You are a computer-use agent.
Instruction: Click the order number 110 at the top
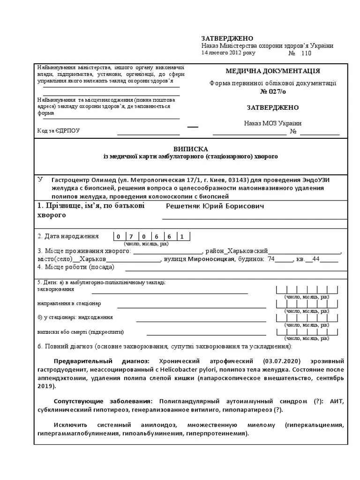point(306,53)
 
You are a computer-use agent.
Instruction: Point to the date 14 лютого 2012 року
point(229,53)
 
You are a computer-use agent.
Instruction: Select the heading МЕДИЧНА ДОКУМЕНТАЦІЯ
point(273,71)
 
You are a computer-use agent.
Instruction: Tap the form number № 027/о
point(273,91)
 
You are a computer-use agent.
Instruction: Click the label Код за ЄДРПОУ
point(59,131)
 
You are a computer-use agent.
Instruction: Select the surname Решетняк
point(184,207)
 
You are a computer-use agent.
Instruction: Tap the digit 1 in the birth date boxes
point(181,236)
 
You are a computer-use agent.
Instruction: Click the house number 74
point(271,259)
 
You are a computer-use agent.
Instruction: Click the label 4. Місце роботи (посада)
point(75,267)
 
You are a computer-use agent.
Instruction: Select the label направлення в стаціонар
point(69,304)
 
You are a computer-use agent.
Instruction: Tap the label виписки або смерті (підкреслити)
point(80,332)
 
